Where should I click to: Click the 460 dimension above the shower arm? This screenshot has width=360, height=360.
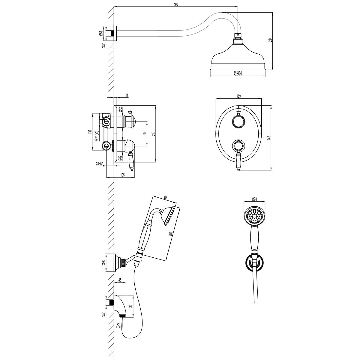(x=176, y=4)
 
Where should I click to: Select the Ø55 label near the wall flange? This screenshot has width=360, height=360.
(x=101, y=33)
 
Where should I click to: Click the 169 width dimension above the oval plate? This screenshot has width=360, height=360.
(x=238, y=96)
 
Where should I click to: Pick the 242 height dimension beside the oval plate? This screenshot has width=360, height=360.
(x=269, y=138)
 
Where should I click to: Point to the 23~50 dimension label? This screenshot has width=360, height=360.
(x=100, y=164)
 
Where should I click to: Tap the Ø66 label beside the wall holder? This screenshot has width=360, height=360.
(x=103, y=262)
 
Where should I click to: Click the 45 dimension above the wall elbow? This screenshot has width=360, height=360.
(x=120, y=280)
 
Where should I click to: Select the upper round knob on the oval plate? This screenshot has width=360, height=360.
(x=238, y=122)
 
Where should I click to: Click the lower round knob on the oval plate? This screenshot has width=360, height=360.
(x=238, y=146)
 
